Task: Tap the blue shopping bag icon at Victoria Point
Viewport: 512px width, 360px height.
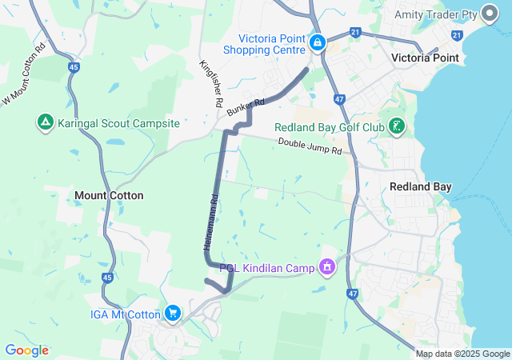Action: pyautogui.click(x=318, y=42)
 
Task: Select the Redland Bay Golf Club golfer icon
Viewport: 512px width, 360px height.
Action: pyautogui.click(x=396, y=126)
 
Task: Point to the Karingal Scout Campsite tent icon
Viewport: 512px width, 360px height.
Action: pyautogui.click(x=45, y=123)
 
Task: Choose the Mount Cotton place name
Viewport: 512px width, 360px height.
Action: pyautogui.click(x=109, y=195)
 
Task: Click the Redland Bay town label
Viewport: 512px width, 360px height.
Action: pyautogui.click(x=420, y=186)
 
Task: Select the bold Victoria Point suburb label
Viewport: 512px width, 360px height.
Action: pyautogui.click(x=424, y=58)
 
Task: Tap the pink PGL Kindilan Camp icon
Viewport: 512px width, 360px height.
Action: pyautogui.click(x=326, y=266)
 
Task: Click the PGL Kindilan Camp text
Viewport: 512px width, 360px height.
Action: pyautogui.click(x=266, y=266)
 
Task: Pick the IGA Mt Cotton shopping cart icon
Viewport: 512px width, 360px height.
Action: pyautogui.click(x=172, y=314)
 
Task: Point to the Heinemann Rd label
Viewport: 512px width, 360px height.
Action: pyautogui.click(x=210, y=224)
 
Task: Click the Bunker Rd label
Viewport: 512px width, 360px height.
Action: pyautogui.click(x=246, y=107)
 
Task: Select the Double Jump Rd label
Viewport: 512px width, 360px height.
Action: pyautogui.click(x=310, y=146)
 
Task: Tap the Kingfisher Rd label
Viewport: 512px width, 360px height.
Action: pyautogui.click(x=211, y=83)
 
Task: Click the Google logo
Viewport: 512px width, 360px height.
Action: pyautogui.click(x=26, y=350)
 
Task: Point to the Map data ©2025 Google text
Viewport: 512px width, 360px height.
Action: pyautogui.click(x=462, y=354)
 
